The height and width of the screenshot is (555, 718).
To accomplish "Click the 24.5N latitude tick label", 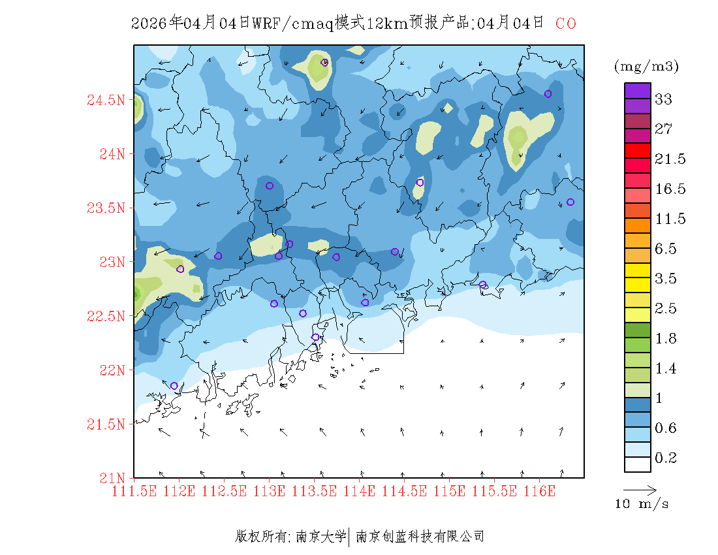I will point(106,101).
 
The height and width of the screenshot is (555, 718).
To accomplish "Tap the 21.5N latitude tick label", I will point(106,424).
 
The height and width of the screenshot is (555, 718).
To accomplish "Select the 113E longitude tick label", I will point(270,491).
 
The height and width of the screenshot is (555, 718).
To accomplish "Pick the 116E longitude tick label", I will point(540,491).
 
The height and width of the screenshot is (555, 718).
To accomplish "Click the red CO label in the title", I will point(566,24).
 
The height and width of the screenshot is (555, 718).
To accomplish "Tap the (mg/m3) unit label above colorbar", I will point(646,66).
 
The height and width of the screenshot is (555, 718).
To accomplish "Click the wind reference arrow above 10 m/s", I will point(639,488).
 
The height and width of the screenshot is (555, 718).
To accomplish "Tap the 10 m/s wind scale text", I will point(642,504).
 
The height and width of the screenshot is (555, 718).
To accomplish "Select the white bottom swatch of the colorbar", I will point(637,464).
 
